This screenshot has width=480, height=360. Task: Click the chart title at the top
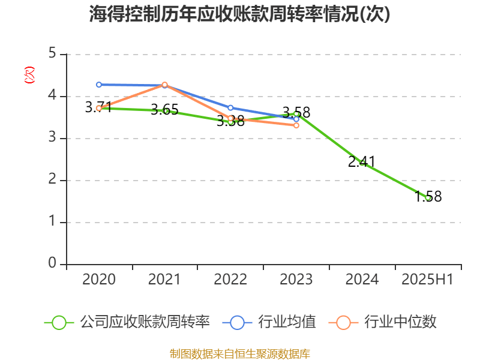pos(239,14)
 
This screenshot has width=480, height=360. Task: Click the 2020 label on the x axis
pos(99,279)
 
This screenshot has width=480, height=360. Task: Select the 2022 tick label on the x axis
pos(230,279)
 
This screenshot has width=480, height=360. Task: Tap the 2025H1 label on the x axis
pos(428,279)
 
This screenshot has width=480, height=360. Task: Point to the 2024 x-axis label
pos(362,279)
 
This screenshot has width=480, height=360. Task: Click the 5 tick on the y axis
pos(52,54)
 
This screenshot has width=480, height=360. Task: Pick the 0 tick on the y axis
pos(52,264)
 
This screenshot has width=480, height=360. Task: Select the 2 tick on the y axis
pos(52,180)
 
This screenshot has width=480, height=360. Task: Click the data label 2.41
pos(362,161)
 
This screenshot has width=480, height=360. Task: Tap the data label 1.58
pos(428,196)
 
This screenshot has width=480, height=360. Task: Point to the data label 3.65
pos(164,110)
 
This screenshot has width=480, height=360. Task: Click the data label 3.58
pos(296,112)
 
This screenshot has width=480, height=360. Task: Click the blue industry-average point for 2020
pos(99,85)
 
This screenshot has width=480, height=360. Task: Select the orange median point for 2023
pos(296,125)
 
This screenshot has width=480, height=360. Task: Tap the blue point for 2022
pos(230,108)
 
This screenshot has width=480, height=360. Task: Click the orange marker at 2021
pos(164,85)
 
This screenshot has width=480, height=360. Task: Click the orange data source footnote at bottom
pos(239,353)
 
